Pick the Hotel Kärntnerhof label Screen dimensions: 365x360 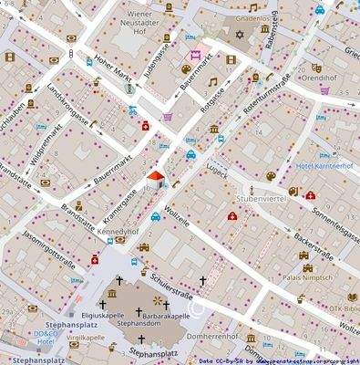coord(324,166)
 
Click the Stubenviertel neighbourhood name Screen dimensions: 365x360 coord(262,196)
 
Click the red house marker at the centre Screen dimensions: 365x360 coord(155,177)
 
